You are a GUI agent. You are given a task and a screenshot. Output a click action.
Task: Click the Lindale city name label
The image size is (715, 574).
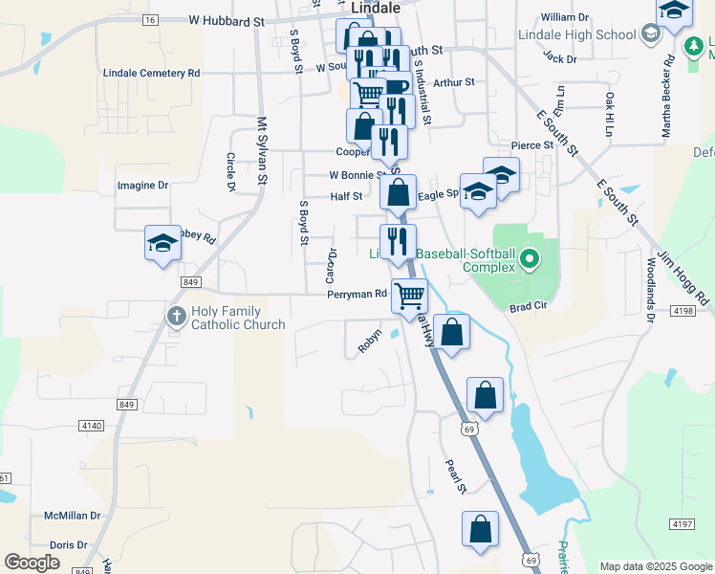click(x=375, y=7)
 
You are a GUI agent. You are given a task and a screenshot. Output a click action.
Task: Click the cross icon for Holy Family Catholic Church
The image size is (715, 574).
click(x=176, y=316)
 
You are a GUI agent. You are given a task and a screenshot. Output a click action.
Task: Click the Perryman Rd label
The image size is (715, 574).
click(x=356, y=295)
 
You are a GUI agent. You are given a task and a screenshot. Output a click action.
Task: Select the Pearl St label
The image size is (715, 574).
click(x=455, y=476)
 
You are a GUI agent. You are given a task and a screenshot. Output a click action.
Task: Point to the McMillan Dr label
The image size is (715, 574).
click(x=73, y=516)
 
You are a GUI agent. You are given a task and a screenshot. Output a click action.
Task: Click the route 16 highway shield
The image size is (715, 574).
click(x=149, y=19)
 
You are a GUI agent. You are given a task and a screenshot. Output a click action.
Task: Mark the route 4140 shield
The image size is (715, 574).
click(x=92, y=425)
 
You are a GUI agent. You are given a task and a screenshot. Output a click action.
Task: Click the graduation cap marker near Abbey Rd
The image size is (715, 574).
click(x=162, y=243)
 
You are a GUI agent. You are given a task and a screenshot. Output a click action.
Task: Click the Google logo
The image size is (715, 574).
click(x=32, y=563)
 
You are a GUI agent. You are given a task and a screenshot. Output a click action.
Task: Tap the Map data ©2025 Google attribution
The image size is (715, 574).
click(x=656, y=566)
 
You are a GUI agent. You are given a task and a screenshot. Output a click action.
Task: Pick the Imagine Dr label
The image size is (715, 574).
click(x=142, y=186)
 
